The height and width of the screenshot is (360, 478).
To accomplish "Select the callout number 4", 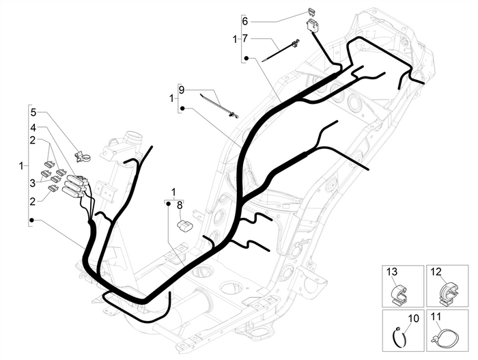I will (33, 127).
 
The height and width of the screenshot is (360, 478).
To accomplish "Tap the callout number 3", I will (33, 182).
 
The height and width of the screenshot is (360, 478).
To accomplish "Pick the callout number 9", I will (182, 89).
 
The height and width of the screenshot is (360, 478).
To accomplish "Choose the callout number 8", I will (180, 203).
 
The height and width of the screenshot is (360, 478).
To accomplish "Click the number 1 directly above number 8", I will (173, 191).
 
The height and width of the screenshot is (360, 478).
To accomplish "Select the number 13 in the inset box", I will (392, 272).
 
